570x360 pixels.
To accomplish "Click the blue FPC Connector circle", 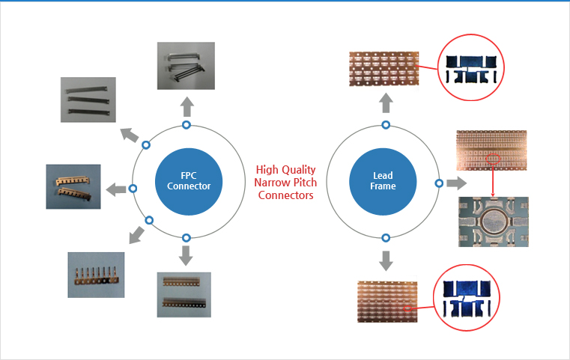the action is click(189, 181).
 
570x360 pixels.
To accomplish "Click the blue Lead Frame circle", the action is click(383, 181).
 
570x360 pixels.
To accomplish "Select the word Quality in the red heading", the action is click(300, 170).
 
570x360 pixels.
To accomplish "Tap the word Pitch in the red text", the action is click(305, 183).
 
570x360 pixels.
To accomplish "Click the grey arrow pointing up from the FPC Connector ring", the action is click(187, 106).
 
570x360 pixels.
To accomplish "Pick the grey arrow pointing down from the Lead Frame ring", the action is click(386, 260).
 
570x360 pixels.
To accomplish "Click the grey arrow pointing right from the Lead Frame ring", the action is click(457, 183).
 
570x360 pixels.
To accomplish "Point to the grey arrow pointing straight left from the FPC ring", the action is click(116, 189).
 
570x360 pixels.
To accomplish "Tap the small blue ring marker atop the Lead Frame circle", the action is click(386, 125).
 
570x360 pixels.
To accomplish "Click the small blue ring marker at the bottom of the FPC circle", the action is click(186, 238).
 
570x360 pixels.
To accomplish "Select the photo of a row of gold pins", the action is click(96, 275).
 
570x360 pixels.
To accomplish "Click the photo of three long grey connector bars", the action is click(88, 100).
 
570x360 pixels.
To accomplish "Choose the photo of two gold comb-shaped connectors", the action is click(73, 186).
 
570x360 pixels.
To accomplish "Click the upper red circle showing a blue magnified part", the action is click(471, 67).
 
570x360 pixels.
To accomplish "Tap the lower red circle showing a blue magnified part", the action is click(467, 298).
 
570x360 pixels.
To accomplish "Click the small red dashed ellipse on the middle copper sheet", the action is click(493, 159).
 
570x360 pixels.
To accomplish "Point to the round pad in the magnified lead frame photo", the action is click(494, 220).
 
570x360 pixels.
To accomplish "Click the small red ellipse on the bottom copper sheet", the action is click(408, 308).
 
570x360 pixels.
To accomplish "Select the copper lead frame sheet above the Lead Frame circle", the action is click(384, 69).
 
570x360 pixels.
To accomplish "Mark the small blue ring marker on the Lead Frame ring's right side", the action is click(439, 183).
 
